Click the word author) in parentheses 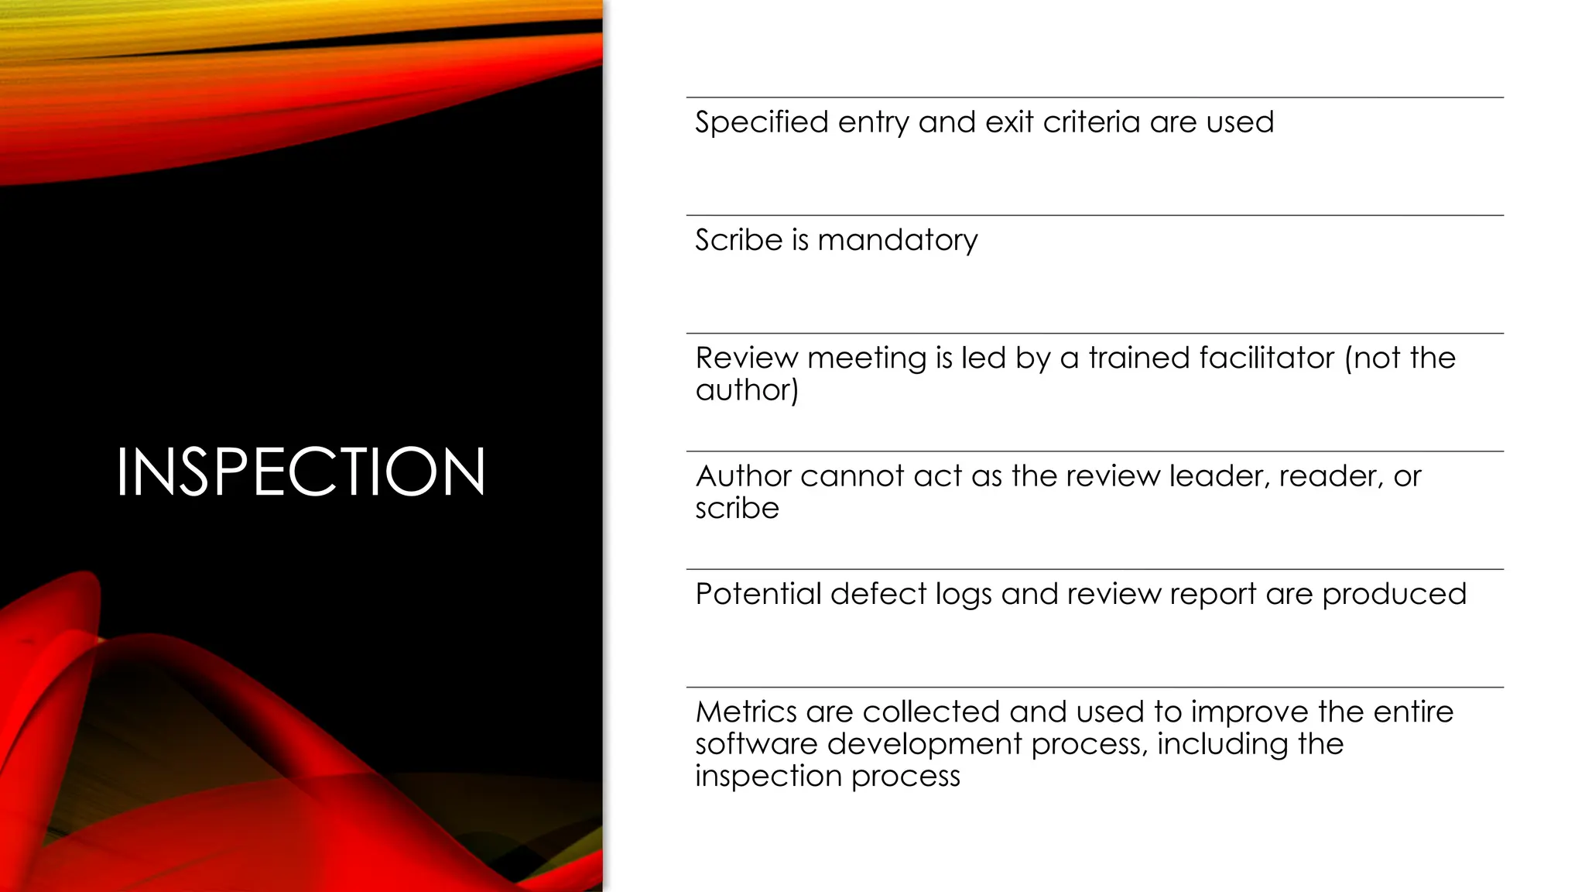click(746, 390)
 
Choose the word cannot click(852, 476)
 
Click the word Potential click(758, 594)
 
